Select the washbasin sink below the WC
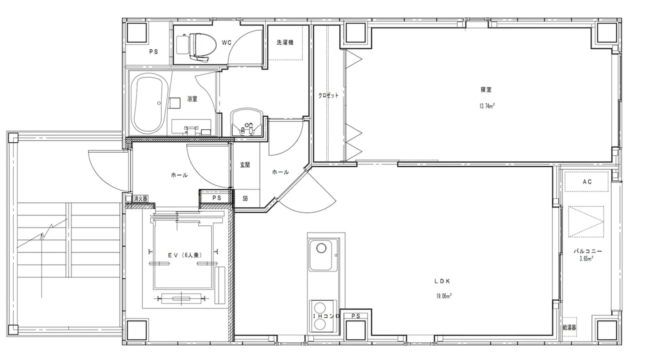click(247, 122)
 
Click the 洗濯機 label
click(285, 42)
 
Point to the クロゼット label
click(328, 96)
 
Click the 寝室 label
click(486, 90)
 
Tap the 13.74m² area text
click(487, 106)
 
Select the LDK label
click(442, 281)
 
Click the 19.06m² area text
click(444, 296)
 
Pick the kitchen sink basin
click(323, 255)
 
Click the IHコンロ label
click(327, 316)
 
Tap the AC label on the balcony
click(587, 182)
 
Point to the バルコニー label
click(588, 251)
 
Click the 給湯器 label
click(570, 328)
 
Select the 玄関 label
click(245, 165)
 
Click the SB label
click(245, 198)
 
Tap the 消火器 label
click(140, 198)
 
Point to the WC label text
click(226, 43)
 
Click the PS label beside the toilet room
click(154, 52)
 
